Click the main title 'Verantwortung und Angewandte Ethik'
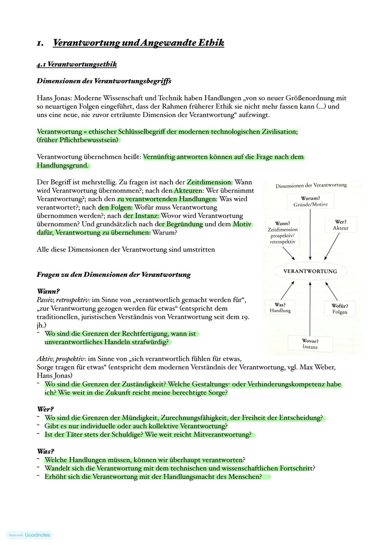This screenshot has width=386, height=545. [x=138, y=43]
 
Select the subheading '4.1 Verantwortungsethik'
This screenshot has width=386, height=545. [x=76, y=65]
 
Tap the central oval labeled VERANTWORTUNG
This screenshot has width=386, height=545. [x=310, y=271]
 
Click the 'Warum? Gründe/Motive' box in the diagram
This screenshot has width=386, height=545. [x=310, y=201]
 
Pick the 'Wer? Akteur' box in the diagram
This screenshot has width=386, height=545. [x=340, y=225]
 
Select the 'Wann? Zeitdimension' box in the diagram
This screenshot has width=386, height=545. [x=283, y=232]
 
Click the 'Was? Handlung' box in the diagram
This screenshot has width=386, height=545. [x=280, y=308]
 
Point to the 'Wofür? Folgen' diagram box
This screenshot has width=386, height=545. [x=340, y=309]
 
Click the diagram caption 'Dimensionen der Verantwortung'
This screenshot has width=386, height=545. [x=311, y=185]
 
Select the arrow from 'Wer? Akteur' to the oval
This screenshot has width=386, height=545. [x=332, y=246]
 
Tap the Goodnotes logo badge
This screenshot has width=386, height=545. [x=30, y=535]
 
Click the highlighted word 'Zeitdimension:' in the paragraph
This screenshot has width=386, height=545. [x=209, y=182]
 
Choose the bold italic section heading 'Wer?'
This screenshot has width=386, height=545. [x=45, y=409]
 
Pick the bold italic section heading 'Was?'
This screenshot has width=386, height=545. [x=45, y=451]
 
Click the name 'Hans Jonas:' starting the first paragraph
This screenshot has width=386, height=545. [x=54, y=98]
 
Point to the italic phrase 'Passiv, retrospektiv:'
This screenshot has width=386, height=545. [x=63, y=300]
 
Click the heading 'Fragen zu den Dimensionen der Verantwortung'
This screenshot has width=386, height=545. [x=113, y=275]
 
